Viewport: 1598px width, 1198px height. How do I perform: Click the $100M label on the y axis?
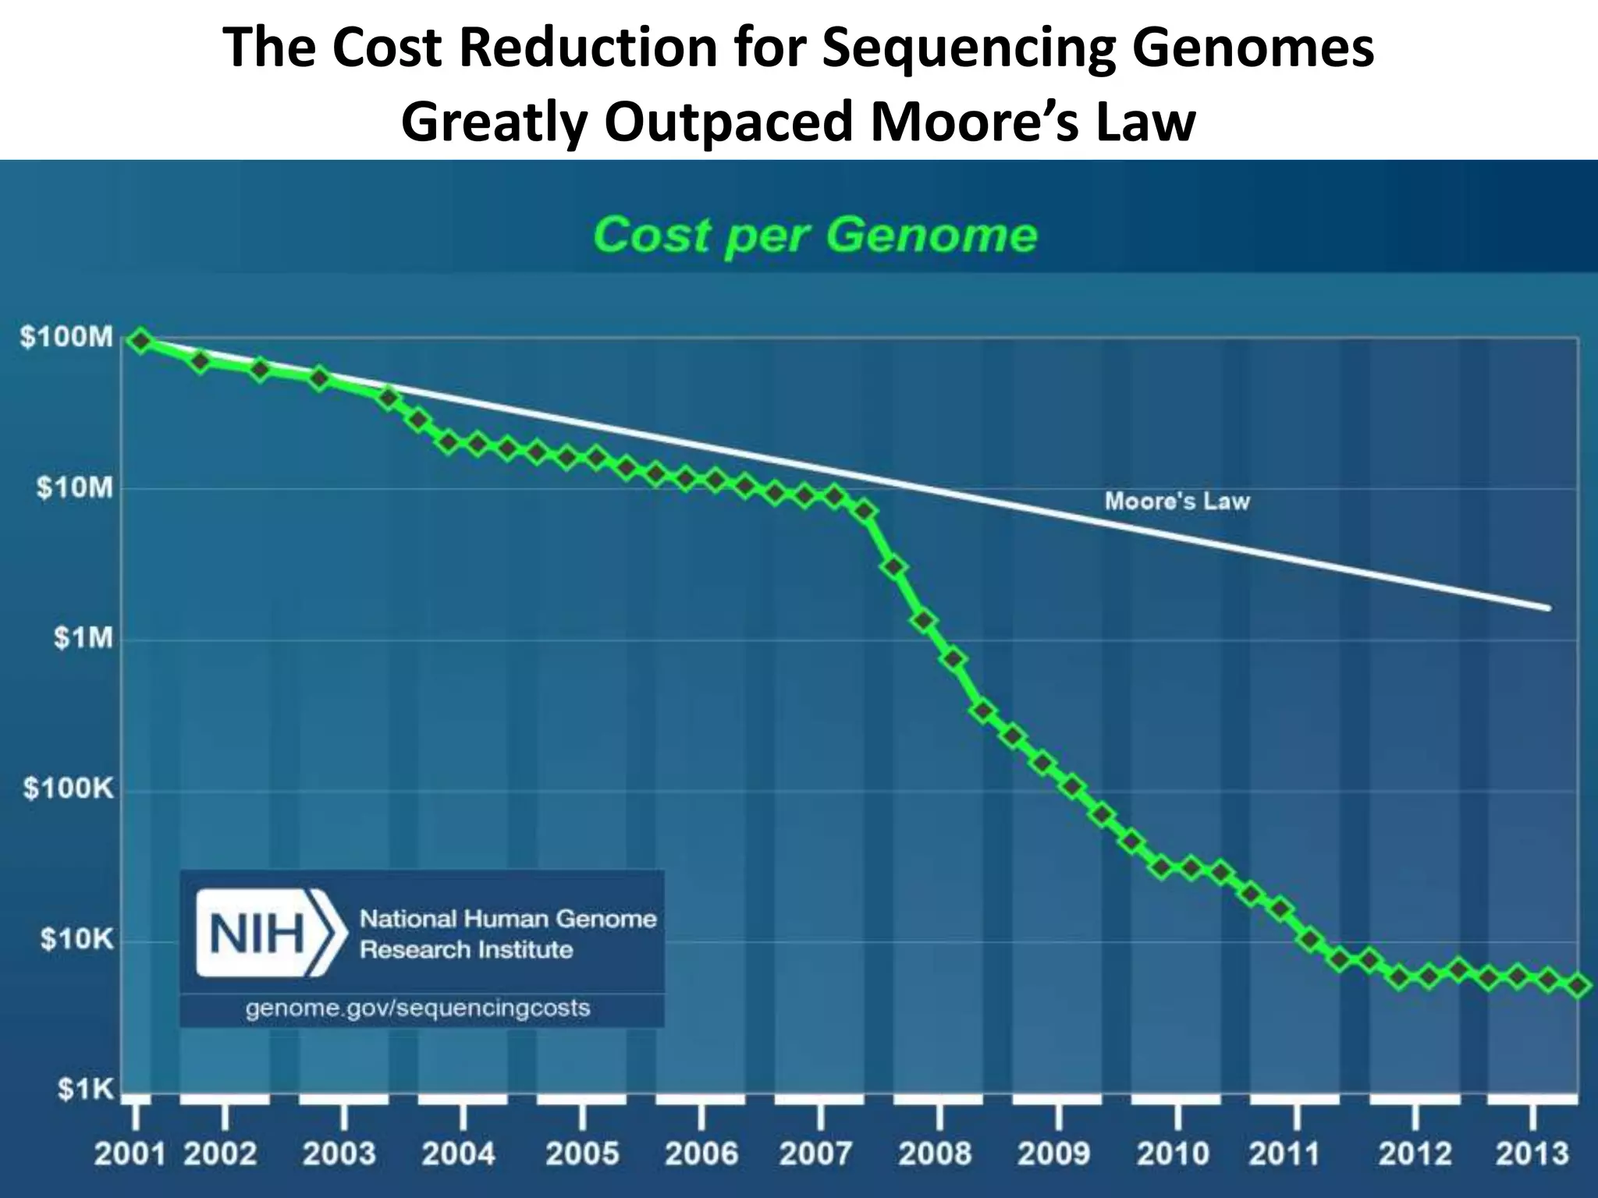67,338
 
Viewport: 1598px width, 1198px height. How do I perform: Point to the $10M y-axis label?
75,489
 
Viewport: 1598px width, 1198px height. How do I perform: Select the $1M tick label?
83,639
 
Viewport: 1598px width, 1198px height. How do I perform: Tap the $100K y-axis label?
69,789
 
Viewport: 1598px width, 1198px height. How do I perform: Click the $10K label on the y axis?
76,939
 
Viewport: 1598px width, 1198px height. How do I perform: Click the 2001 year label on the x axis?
130,1154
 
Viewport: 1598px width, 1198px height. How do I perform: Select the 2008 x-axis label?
935,1154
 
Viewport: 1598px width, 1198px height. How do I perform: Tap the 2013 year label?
1532,1154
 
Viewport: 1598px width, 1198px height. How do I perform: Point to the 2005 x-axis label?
582,1154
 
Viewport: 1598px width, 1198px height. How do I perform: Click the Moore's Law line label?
1177,501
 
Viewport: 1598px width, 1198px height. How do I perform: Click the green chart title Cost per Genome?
815,235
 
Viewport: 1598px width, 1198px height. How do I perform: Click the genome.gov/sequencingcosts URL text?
417,1008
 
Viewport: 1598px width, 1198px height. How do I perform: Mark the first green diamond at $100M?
141,341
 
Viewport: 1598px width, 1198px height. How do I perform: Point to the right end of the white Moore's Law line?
1548,608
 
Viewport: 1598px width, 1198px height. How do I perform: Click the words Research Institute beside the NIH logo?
466,950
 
